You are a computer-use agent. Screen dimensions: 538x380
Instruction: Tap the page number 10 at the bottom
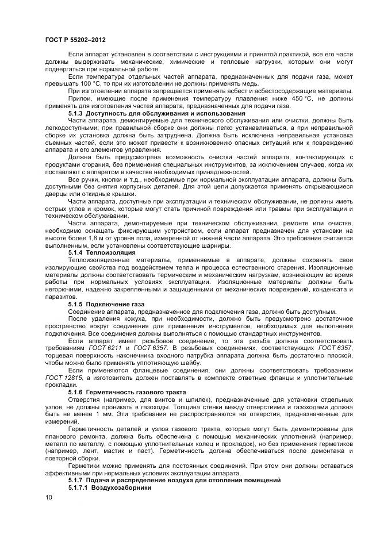tap(48, 497)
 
